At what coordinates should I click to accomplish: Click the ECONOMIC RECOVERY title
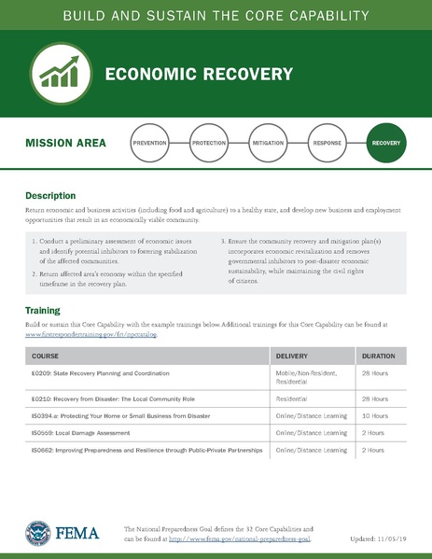(199, 74)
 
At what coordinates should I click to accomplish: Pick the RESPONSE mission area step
(327, 144)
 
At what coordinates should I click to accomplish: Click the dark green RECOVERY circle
(386, 144)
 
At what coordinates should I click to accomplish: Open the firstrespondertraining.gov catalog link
(91, 333)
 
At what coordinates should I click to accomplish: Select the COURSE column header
(47, 356)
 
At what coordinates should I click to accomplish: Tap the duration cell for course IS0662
(373, 450)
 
